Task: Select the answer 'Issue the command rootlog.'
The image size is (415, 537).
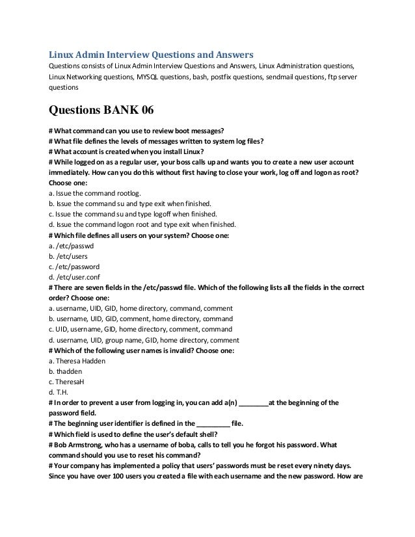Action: coord(98,194)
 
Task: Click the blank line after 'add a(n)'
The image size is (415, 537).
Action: coord(253,402)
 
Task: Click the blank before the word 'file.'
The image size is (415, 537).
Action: coord(212,423)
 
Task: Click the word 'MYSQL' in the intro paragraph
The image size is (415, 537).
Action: coord(150,76)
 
